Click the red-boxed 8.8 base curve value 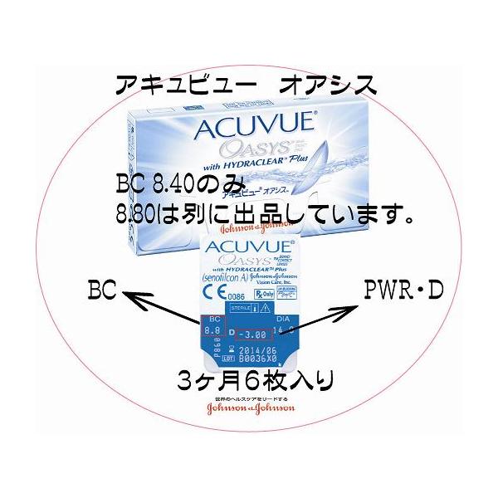click(214, 330)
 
